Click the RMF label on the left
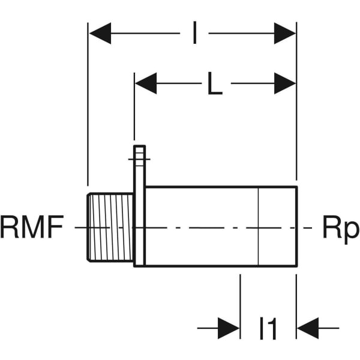click(31, 229)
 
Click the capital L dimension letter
click(215, 86)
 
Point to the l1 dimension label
click(268, 329)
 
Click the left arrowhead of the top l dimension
click(100, 34)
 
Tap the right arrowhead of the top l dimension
click(285, 34)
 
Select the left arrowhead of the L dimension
click(146, 83)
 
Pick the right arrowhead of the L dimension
click(285, 83)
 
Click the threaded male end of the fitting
click(110, 227)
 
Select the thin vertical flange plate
click(139, 228)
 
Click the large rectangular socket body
click(201, 227)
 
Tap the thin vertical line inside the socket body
click(258, 227)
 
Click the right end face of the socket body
click(296, 227)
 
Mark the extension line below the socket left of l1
click(240, 300)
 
